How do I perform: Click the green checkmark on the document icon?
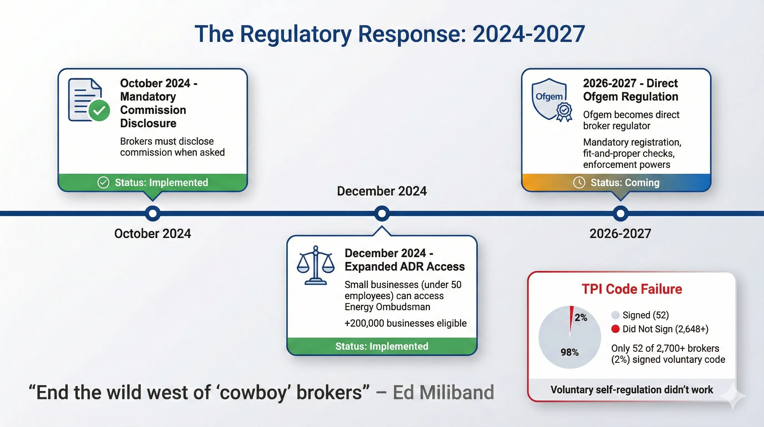(99, 110)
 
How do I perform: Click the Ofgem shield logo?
(549, 99)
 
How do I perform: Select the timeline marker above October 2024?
(153, 213)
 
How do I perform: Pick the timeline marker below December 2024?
(382, 213)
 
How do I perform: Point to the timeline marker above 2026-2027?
(620, 213)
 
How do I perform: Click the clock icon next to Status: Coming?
(579, 182)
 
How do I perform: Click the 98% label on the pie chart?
(569, 352)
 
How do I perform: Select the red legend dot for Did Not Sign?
(615, 329)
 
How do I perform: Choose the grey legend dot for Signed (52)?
(615, 315)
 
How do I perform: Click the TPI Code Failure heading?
(632, 289)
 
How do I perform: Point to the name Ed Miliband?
(443, 392)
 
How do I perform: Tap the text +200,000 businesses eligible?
(405, 323)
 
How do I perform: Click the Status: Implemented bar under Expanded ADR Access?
(382, 346)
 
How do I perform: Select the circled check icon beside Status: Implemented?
(103, 182)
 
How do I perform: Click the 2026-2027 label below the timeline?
(620, 234)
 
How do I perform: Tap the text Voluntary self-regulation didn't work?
(632, 389)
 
